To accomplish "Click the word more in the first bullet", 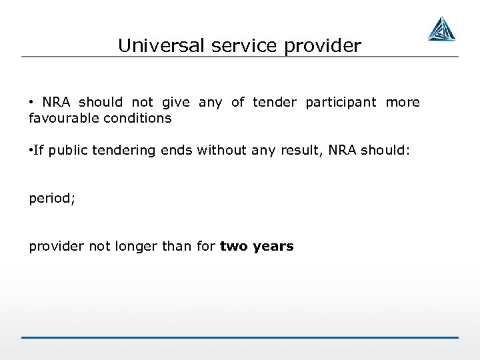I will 403,102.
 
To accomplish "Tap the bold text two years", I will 257,246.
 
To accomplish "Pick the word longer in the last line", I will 135,246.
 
